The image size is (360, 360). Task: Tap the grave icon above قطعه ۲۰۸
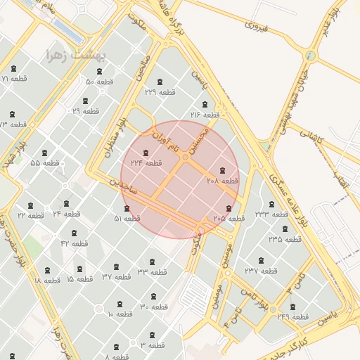tap(223, 171)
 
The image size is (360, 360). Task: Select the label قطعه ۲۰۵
tap(229, 218)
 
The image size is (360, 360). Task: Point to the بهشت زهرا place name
tap(75, 55)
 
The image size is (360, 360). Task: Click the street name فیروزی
tap(257, 27)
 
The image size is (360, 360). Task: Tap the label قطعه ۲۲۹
tap(160, 92)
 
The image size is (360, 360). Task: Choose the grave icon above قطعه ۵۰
tap(100, 71)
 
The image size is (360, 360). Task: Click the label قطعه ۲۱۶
tap(206, 114)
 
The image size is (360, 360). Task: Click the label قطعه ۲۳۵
tap(285, 239)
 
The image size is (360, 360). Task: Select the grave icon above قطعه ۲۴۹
tap(292, 307)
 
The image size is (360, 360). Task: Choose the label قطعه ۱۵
tap(79, 279)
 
